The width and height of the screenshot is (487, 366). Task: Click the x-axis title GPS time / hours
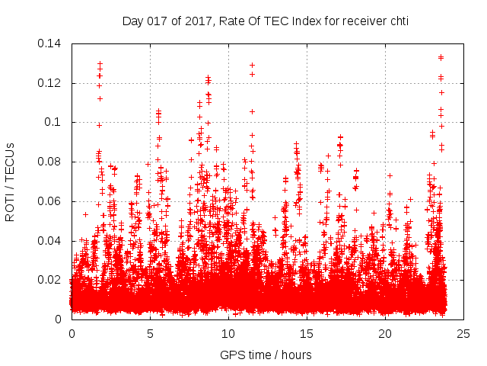[x=266, y=355]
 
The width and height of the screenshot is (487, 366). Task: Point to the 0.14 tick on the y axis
[x=51, y=43]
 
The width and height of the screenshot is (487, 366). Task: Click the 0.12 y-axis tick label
[x=51, y=82]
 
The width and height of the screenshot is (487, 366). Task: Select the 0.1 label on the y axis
[x=55, y=122]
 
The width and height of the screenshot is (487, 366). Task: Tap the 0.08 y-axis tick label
[x=51, y=162]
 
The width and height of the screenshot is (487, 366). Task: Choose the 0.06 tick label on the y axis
[x=51, y=201]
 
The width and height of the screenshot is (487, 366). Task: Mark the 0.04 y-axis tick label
[x=51, y=240]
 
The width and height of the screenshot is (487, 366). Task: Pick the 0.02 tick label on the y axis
[x=51, y=280]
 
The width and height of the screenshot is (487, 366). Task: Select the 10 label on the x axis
[x=228, y=333]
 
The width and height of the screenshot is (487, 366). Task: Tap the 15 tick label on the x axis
[x=307, y=333]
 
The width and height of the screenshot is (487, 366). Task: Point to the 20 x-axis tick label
[x=385, y=333]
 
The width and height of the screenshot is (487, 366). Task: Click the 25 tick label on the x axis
[x=463, y=333]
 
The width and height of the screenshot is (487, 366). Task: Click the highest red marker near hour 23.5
[x=441, y=57]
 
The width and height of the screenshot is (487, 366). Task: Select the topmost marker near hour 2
[x=100, y=63]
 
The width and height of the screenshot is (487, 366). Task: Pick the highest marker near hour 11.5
[x=252, y=65]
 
